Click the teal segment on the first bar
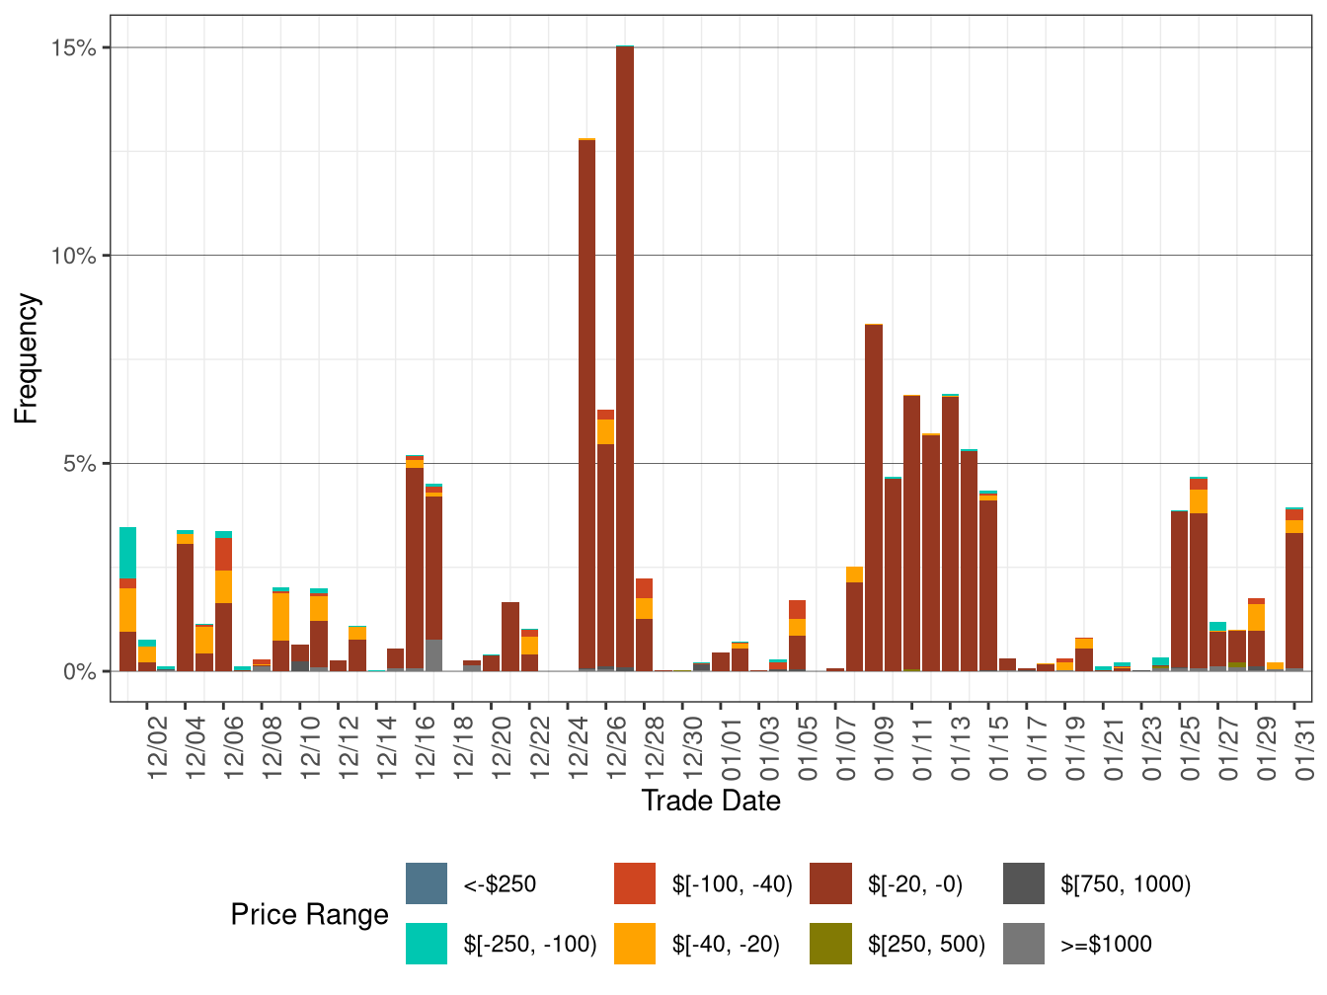click(x=127, y=552)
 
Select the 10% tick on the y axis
click(x=73, y=256)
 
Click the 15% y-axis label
click(x=73, y=47)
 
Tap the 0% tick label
click(x=79, y=671)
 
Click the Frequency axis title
click(x=27, y=358)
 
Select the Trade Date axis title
click(x=710, y=801)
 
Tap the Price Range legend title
click(x=309, y=914)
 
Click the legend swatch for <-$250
click(x=427, y=883)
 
